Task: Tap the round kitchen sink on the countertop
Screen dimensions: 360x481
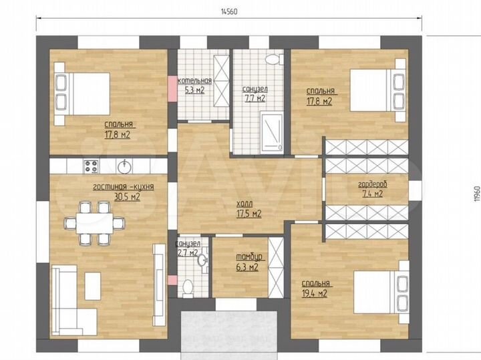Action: [124, 164]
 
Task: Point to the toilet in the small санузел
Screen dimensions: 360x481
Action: [188, 287]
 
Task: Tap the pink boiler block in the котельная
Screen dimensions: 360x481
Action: [172, 86]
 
